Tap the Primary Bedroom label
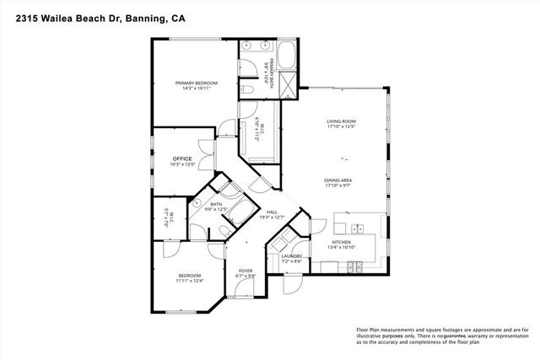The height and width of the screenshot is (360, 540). tap(197, 83)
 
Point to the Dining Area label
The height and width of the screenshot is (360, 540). tap(342, 180)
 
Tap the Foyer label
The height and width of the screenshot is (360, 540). tap(245, 271)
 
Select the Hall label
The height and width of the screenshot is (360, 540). tap(272, 212)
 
